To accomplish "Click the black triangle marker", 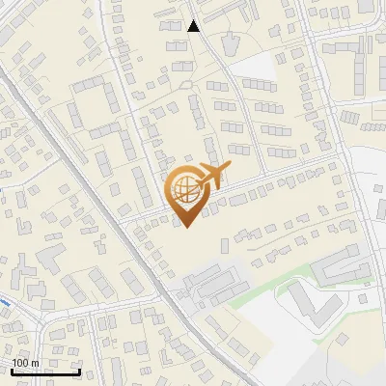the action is tap(194, 26).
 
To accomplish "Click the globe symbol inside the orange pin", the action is tap(184, 192).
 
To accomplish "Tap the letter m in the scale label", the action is tap(36, 363).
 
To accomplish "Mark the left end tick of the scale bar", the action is tap(12, 371).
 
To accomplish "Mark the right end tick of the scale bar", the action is tap(79, 371).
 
